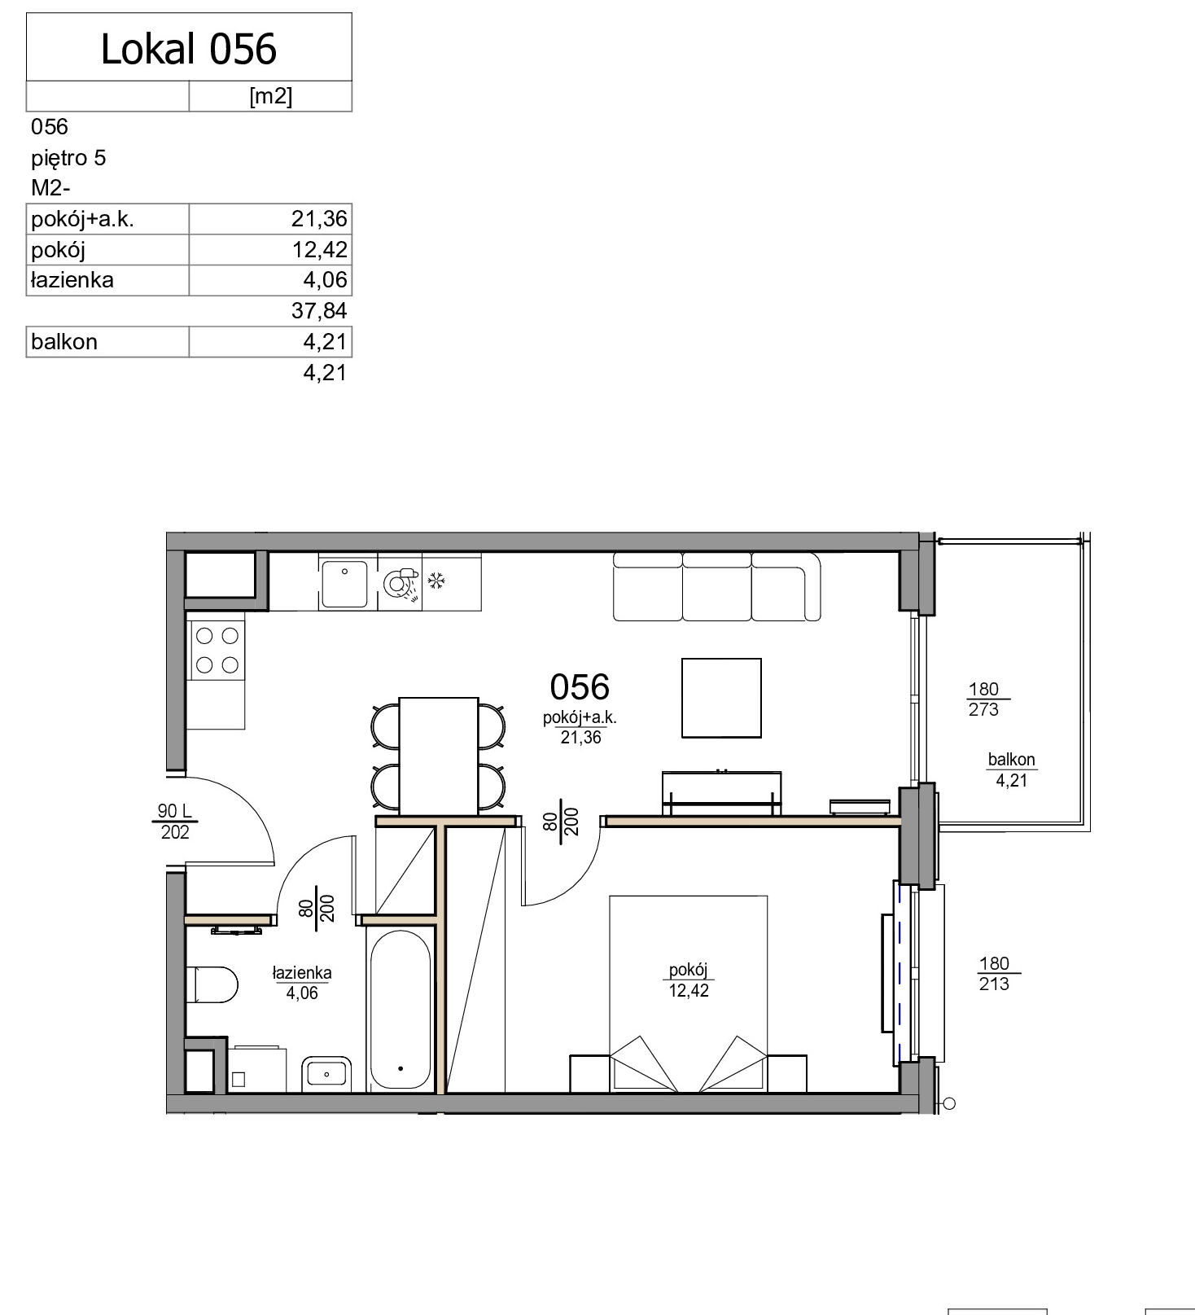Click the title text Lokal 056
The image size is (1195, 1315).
[189, 49]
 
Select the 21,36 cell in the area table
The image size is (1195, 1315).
[319, 219]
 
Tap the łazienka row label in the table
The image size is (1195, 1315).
[72, 280]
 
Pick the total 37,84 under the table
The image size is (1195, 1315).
[319, 310]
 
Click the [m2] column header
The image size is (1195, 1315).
[270, 96]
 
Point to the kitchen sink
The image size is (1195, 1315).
[344, 584]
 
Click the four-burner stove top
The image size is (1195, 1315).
[217, 650]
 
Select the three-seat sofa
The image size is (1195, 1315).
[716, 586]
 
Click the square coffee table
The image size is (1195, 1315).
[721, 698]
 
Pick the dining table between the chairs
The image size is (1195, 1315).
[438, 756]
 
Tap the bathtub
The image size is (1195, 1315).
[401, 1009]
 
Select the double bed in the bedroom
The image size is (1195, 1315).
[689, 994]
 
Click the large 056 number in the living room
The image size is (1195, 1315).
[580, 687]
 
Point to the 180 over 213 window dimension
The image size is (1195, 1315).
[995, 974]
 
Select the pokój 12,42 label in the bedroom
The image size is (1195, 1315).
[689, 980]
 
